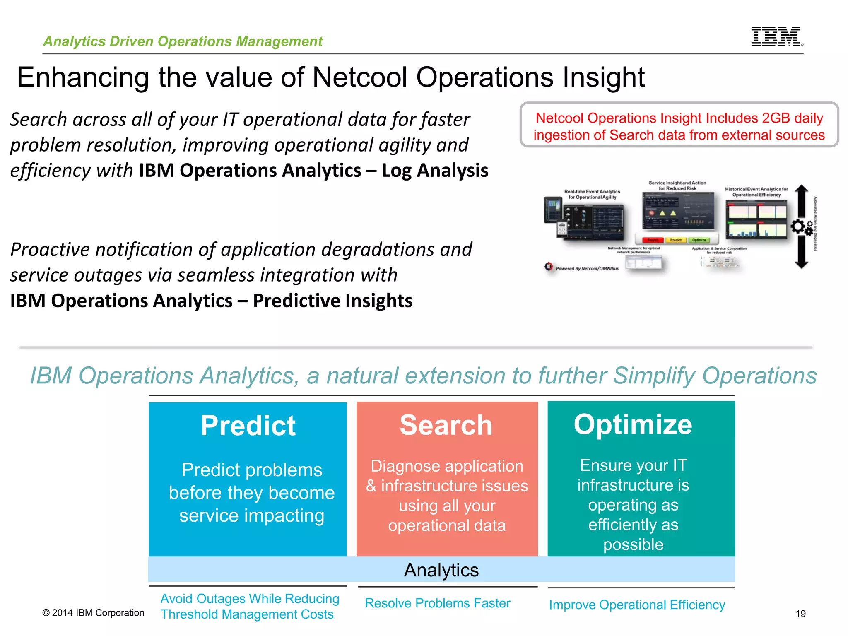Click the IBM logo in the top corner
pyautogui.click(x=776, y=37)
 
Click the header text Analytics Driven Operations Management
pyautogui.click(x=183, y=41)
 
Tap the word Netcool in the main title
pyautogui.click(x=359, y=77)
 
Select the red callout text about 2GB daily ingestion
pyautogui.click(x=679, y=126)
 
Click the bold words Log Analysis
pyautogui.click(x=435, y=171)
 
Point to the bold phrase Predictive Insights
pyautogui.click(x=332, y=301)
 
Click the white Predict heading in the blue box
pyautogui.click(x=248, y=426)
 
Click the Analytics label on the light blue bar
pyautogui.click(x=441, y=570)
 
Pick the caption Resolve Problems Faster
pyautogui.click(x=437, y=603)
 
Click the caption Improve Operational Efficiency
pyautogui.click(x=637, y=605)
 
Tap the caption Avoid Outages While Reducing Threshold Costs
pyautogui.click(x=249, y=607)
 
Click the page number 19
pyautogui.click(x=800, y=614)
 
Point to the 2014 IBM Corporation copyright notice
pyautogui.click(x=93, y=613)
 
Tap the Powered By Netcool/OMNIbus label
pyautogui.click(x=587, y=268)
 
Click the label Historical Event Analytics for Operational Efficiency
pyautogui.click(x=756, y=192)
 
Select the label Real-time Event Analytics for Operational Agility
pyautogui.click(x=592, y=194)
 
